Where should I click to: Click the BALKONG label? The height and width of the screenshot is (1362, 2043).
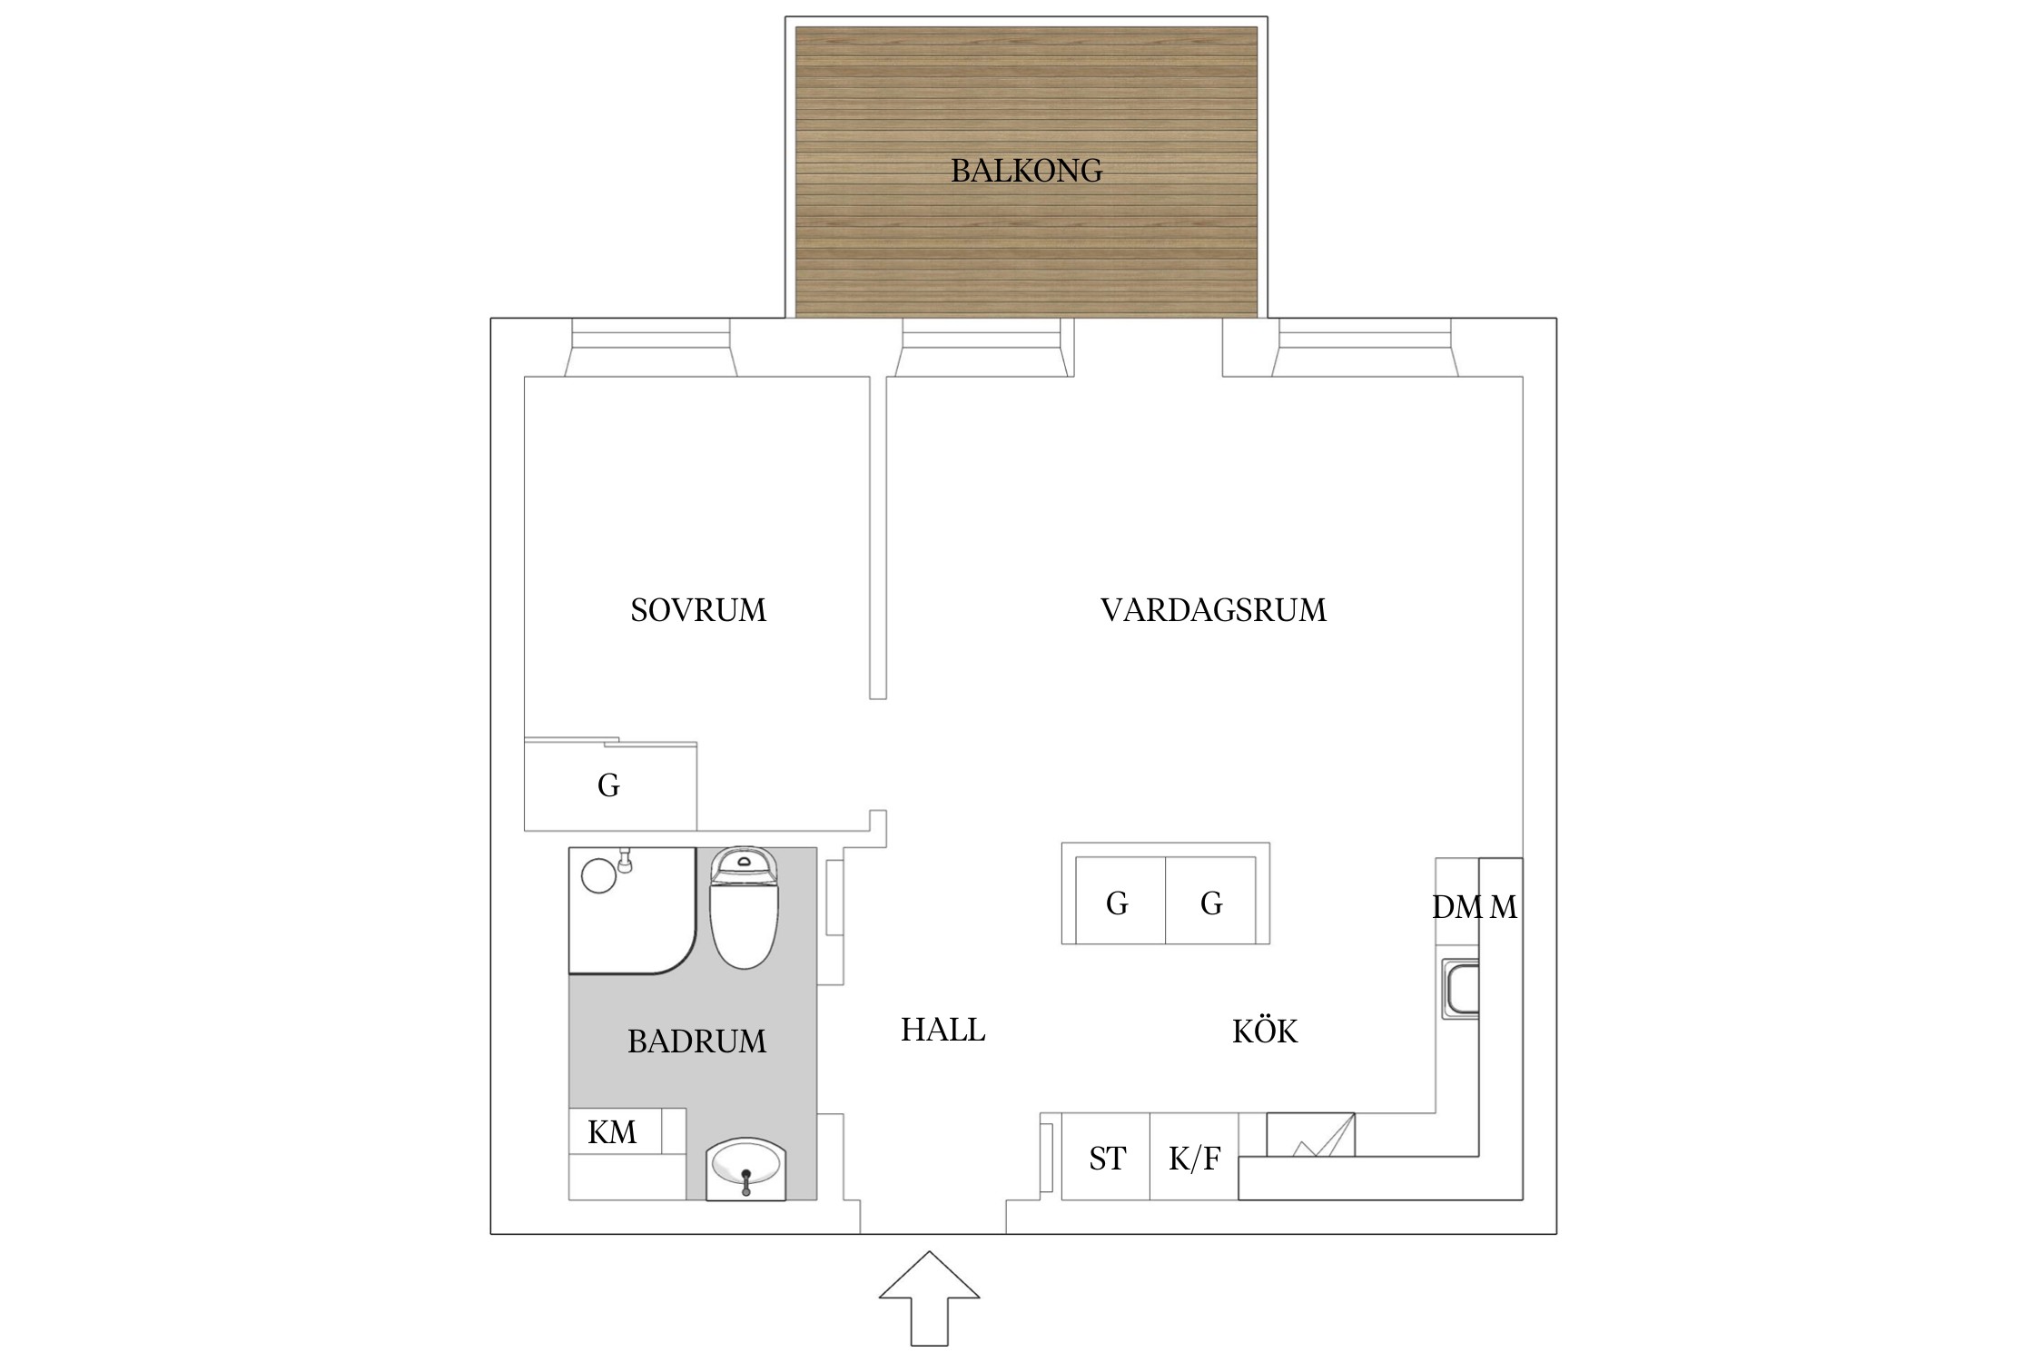click(1026, 171)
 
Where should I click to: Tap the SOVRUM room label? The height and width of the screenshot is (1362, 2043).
click(698, 610)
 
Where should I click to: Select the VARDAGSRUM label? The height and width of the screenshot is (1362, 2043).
click(1213, 610)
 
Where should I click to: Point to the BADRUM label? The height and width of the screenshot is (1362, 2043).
click(696, 1041)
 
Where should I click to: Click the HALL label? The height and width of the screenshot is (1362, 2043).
click(943, 1030)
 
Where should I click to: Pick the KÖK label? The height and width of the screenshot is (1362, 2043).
click(1265, 1031)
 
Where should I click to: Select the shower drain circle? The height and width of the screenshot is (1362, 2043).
click(599, 876)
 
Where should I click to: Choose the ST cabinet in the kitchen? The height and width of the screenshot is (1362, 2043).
click(1106, 1159)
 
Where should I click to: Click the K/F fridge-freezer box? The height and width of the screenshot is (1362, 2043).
click(1194, 1159)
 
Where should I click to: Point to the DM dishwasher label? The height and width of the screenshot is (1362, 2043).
click(1456, 907)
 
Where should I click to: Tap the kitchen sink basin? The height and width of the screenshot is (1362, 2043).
click(1462, 991)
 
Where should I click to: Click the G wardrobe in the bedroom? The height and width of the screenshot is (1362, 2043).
click(609, 785)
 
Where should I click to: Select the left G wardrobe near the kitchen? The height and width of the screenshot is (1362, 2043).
click(1117, 903)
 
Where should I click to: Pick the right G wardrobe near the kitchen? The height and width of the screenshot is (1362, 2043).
click(1211, 903)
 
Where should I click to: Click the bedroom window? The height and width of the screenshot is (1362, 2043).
click(650, 349)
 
